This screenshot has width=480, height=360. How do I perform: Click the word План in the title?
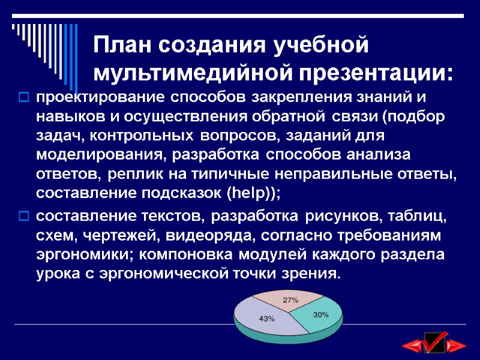click(x=122, y=46)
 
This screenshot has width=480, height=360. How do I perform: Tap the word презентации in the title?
click(x=371, y=73)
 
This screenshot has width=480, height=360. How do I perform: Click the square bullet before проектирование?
click(x=25, y=97)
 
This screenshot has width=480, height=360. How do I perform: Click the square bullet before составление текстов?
click(x=25, y=215)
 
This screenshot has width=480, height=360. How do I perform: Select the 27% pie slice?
click(x=291, y=299)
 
